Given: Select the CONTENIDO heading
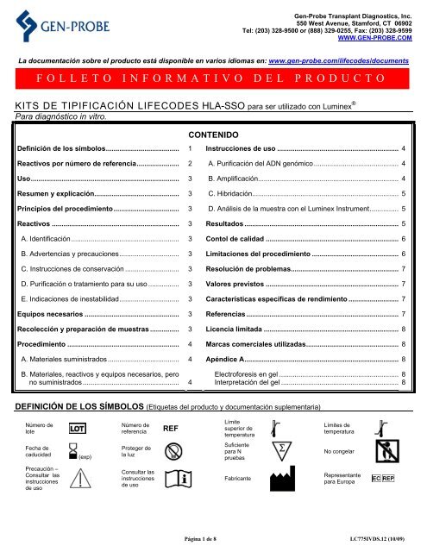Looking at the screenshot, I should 217,135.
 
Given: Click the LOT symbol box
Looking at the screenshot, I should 76,428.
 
